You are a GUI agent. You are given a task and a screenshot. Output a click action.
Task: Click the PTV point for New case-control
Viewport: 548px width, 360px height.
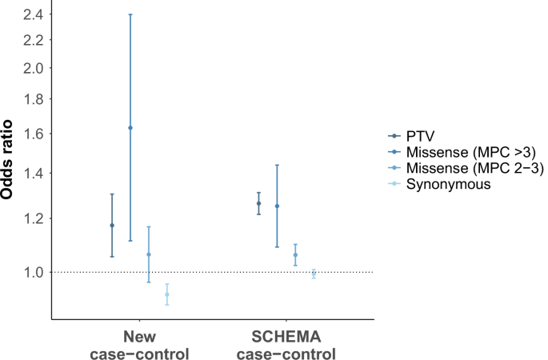(x=112, y=226)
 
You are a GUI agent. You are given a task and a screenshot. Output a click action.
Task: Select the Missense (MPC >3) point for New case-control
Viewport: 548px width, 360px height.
(x=130, y=128)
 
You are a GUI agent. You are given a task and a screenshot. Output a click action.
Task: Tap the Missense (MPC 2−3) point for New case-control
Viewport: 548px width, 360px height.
(x=149, y=254)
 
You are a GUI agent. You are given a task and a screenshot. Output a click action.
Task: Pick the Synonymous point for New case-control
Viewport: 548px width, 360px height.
(x=167, y=294)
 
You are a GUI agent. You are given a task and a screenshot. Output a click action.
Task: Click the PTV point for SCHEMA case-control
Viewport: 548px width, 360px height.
(x=258, y=203)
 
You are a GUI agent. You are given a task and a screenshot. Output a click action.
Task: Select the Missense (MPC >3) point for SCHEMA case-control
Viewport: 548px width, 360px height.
(x=277, y=206)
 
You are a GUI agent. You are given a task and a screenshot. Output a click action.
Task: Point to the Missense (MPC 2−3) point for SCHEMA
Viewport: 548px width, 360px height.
(x=295, y=255)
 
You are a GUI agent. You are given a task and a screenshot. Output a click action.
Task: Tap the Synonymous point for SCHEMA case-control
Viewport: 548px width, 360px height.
(x=314, y=274)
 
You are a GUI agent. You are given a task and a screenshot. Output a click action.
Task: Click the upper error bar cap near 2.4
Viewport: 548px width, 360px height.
(x=130, y=14)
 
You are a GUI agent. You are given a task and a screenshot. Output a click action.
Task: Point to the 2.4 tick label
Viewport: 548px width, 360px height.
(x=30, y=14)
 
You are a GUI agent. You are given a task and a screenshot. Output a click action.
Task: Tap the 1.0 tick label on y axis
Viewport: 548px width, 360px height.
(x=30, y=272)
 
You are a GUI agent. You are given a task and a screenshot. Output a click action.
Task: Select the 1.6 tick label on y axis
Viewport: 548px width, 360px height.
(x=30, y=134)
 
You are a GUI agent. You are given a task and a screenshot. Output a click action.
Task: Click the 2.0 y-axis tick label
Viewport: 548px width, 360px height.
(x=30, y=68)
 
